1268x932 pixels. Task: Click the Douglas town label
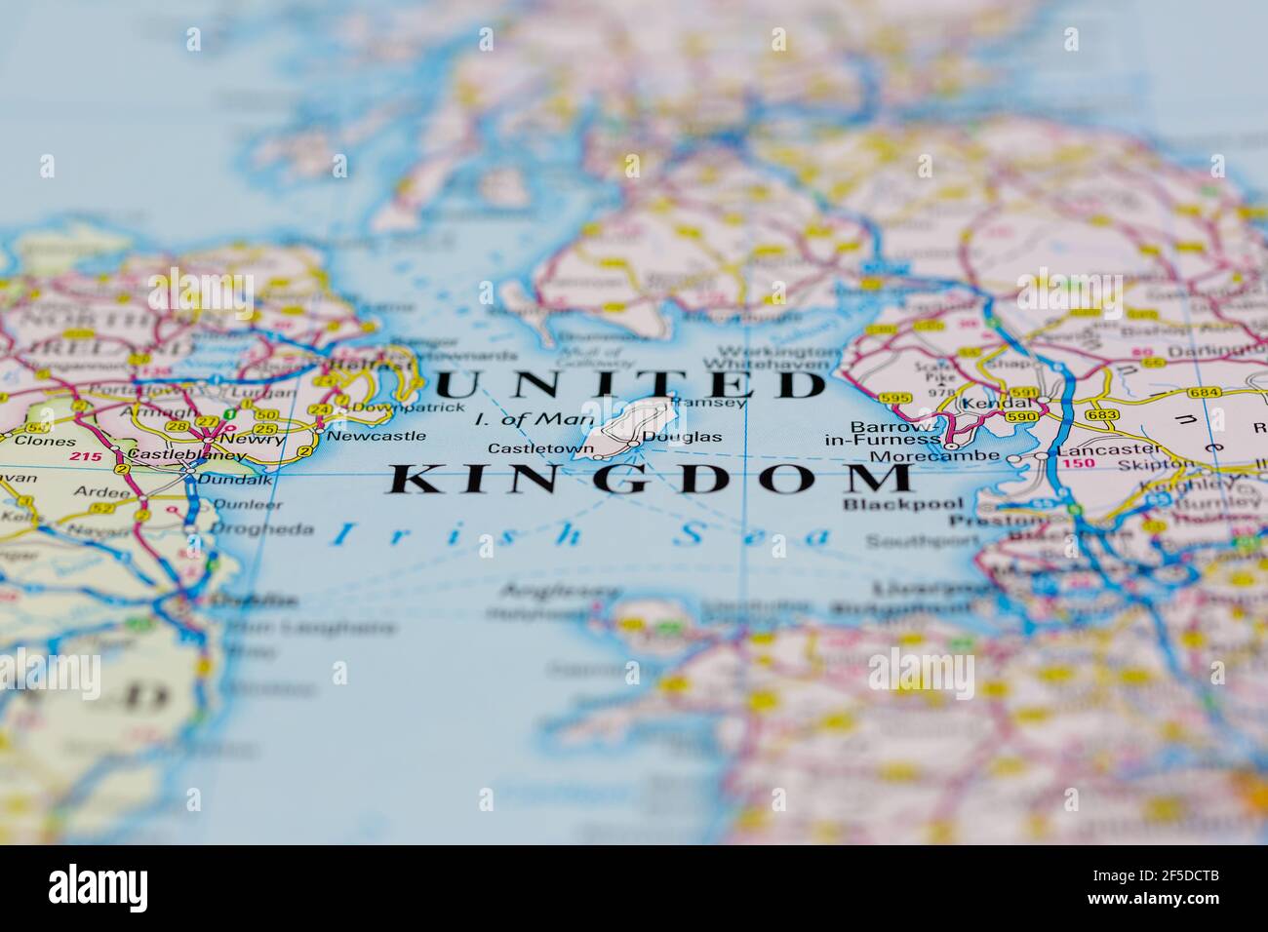[695, 437]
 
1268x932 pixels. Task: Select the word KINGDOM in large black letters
[652, 479]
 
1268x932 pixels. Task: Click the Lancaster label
[1098, 449]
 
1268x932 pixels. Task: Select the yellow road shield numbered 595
[894, 398]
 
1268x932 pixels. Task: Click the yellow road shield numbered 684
[1204, 392]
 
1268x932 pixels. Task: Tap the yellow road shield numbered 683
[1101, 415]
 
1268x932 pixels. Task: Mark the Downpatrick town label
[394, 407]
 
